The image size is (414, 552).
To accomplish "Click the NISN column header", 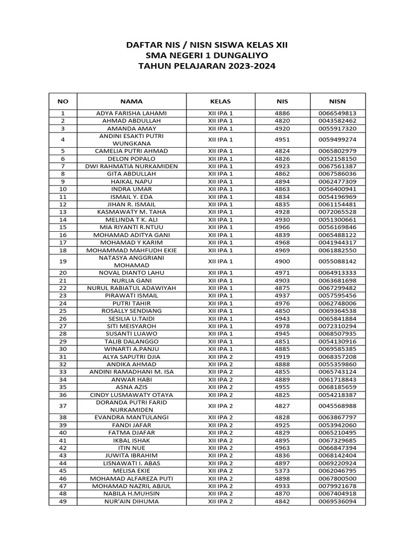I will point(337,101).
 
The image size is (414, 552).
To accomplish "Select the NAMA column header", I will point(132,101).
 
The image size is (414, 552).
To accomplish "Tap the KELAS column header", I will point(220,101).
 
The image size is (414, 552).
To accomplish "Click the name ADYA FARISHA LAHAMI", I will point(132,113).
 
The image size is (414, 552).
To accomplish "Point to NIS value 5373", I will point(282,471).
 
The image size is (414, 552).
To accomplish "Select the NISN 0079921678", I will point(337,486).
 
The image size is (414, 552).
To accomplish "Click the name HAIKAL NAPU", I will point(132,182).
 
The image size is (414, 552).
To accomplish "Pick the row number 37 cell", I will point(63,406).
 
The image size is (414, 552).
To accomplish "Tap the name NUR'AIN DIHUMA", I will point(132,501).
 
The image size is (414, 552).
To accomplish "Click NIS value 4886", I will point(282,113).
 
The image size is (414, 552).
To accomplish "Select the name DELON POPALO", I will point(132,159).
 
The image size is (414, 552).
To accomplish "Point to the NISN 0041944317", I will point(337,243).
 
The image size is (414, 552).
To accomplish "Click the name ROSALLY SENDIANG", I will point(132,311).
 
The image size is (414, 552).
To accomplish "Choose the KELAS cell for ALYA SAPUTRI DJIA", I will point(220,356).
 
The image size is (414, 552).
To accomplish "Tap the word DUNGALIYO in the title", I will point(237,56).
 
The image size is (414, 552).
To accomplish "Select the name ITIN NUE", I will point(132,448).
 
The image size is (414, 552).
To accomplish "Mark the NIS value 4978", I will point(282,326).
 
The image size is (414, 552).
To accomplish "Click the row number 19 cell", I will point(63,261).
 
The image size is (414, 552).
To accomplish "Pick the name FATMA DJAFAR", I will point(132,433).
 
